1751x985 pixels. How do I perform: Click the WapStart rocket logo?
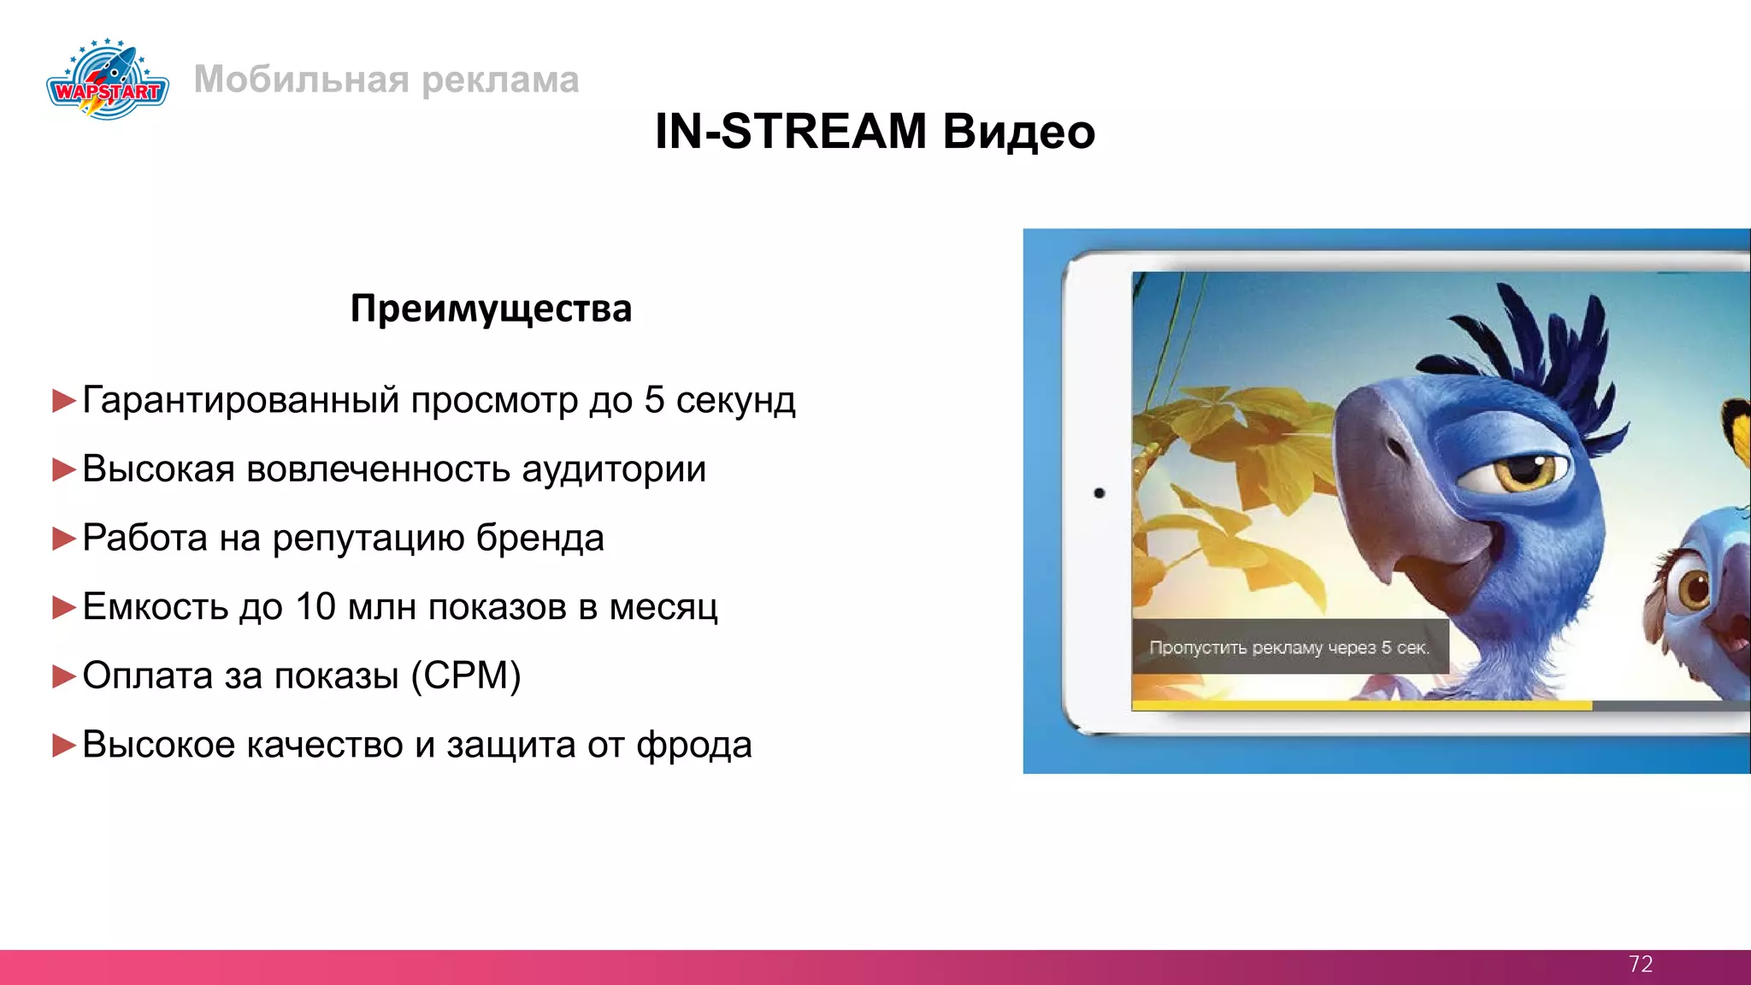(108, 80)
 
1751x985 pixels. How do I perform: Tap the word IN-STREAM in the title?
(790, 132)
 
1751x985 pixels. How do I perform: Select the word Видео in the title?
(1019, 132)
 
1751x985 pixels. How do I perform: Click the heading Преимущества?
(491, 309)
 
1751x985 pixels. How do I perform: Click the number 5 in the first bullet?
(654, 400)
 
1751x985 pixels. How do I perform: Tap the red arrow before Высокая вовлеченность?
(64, 469)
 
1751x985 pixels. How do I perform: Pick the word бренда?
(539, 538)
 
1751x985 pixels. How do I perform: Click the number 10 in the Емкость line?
(315, 607)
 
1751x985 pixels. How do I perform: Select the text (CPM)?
(465, 675)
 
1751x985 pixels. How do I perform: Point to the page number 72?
(1640, 964)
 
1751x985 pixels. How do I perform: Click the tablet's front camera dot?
(1100, 493)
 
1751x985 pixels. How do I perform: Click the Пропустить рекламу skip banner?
(1288, 647)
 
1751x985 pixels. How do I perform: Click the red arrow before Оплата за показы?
(64, 676)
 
